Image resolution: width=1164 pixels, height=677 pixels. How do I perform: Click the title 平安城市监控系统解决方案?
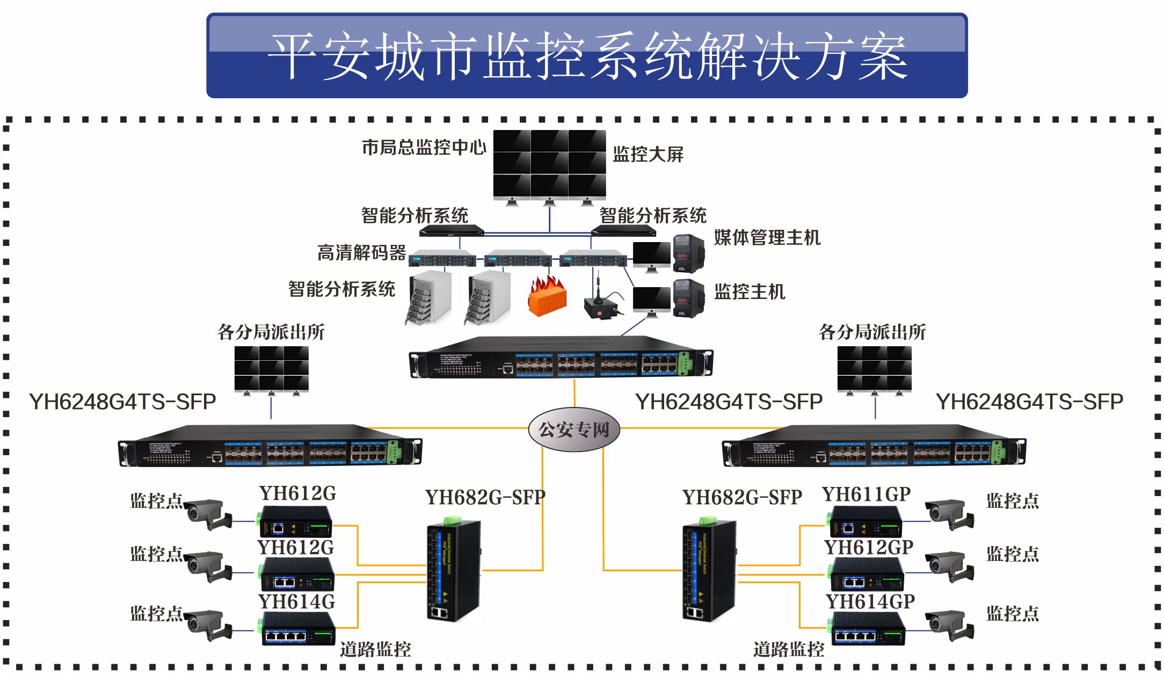tap(587, 56)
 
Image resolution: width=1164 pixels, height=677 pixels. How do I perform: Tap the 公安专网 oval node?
tap(574, 429)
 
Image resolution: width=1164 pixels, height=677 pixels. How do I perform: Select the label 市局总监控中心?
tap(424, 147)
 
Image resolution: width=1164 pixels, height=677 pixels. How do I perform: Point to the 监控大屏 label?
tap(648, 155)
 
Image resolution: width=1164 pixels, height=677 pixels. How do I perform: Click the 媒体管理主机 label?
tap(767, 237)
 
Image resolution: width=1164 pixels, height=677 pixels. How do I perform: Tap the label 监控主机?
tap(750, 292)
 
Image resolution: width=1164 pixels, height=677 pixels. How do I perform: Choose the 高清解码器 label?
tap(361, 253)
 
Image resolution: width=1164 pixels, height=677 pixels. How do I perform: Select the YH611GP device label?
tap(866, 494)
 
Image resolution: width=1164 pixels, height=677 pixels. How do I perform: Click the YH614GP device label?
tap(870, 602)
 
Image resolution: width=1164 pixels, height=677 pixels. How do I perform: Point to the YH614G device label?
tap(296, 602)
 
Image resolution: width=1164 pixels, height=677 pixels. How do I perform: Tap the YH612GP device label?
tap(869, 548)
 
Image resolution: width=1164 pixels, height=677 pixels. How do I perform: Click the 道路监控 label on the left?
tap(375, 650)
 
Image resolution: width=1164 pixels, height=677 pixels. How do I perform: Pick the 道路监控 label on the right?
tap(788, 650)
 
